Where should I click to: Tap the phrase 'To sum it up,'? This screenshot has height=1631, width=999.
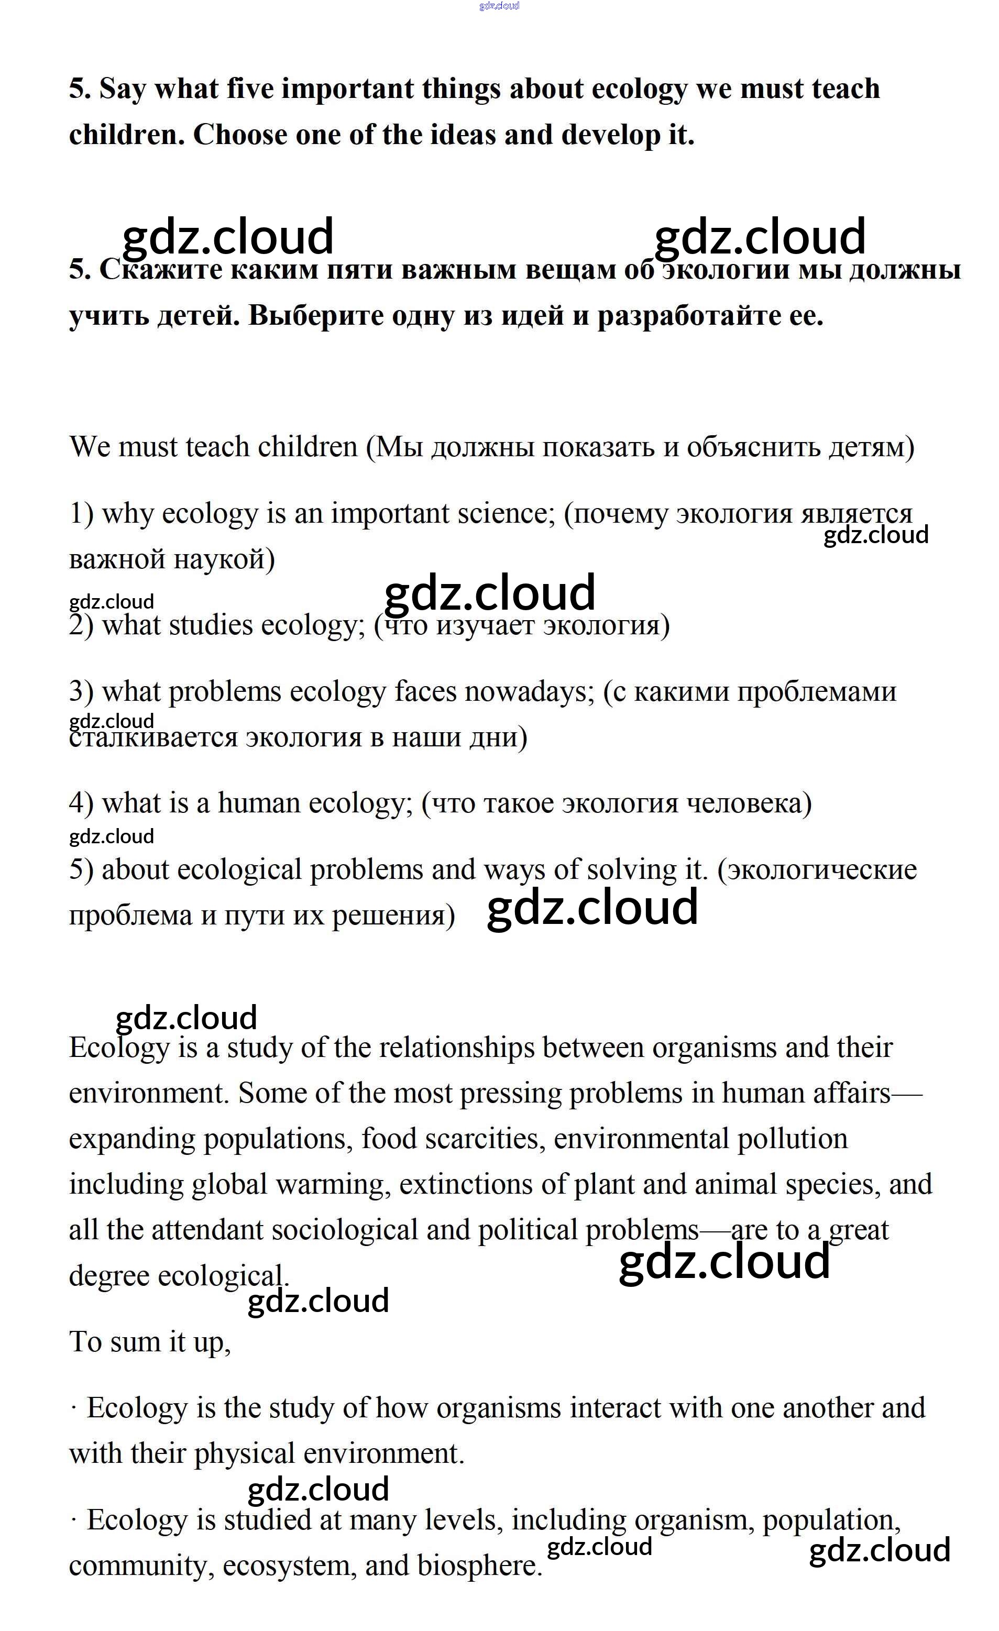point(150,1342)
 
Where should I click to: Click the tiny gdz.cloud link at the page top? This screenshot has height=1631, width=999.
point(499,6)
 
